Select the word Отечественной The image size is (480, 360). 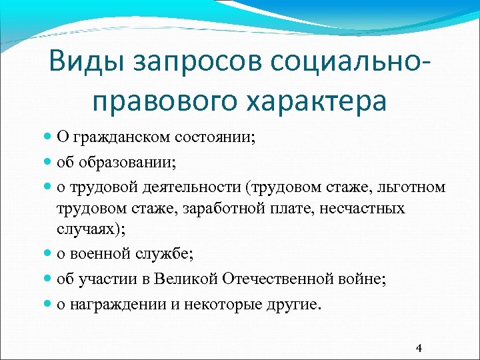269,279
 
